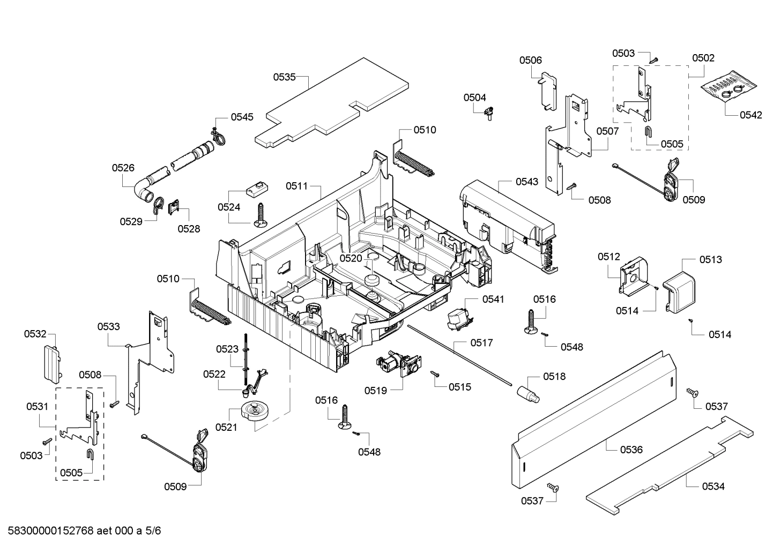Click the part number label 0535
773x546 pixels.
pyautogui.click(x=284, y=77)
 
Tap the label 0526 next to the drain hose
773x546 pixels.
pyautogui.click(x=123, y=168)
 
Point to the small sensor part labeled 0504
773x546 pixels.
pyautogui.click(x=488, y=114)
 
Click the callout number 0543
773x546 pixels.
pyautogui.click(x=527, y=182)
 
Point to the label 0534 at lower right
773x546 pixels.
pyautogui.click(x=713, y=486)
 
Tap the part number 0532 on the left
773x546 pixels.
pyautogui.click(x=35, y=334)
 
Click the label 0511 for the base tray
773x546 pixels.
pyautogui.click(x=296, y=186)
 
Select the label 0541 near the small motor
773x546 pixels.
pyautogui.click(x=493, y=300)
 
